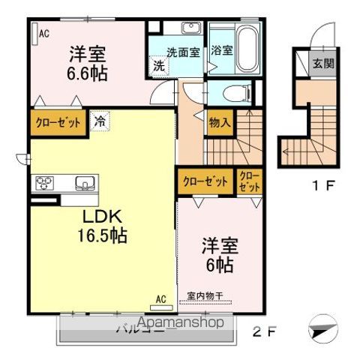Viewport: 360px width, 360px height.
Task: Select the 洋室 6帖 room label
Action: [x=220, y=256]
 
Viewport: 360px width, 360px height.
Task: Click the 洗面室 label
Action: [x=182, y=52]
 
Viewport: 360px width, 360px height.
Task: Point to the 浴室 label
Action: [x=221, y=52]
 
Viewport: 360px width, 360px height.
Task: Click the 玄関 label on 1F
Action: [x=323, y=63]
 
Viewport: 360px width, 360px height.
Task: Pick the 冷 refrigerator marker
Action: [x=100, y=119]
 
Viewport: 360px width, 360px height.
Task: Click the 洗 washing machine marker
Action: [x=159, y=65]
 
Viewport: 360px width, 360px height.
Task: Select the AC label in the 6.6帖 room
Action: [x=43, y=32]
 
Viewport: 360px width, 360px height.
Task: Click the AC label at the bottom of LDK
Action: [x=160, y=298]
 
